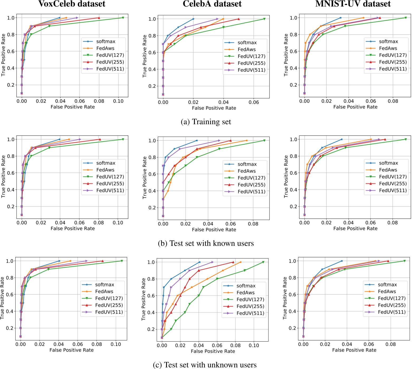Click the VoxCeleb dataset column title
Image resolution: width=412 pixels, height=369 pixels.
pyautogui.click(x=72, y=4)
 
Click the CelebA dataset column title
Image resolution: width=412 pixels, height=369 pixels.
pyautogui.click(x=212, y=4)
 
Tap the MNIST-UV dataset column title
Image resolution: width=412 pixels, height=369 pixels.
pyautogui.click(x=353, y=4)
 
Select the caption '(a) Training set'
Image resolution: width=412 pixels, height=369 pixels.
pyautogui.click(x=206, y=122)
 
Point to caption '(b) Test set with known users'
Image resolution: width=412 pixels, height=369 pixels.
pyautogui.click(x=206, y=243)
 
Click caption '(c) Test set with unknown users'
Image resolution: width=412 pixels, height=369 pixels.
pyautogui.click(x=205, y=365)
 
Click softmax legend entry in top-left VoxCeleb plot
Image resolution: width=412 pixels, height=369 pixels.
pyautogui.click(x=106, y=41)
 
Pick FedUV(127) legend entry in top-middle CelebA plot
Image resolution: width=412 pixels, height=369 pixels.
pyautogui.click(x=251, y=56)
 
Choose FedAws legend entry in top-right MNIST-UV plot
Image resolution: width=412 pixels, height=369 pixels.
pyautogui.click(x=388, y=48)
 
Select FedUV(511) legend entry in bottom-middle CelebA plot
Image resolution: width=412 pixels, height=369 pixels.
pyautogui.click(x=250, y=313)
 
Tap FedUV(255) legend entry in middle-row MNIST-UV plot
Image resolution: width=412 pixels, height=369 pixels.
pyautogui.click(x=392, y=184)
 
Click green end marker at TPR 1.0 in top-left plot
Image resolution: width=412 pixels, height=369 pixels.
pyautogui.click(x=123, y=18)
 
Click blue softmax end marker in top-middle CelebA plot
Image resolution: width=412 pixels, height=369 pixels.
pyautogui.click(x=193, y=19)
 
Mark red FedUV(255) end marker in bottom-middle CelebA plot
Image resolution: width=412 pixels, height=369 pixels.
pyautogui.click(x=233, y=262)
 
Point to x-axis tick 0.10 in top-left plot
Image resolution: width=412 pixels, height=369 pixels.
pyautogui.click(x=118, y=101)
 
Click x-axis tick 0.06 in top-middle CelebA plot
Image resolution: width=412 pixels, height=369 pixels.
pyautogui.click(x=254, y=102)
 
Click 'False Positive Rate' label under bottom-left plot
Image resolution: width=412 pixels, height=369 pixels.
pyautogui.click(x=71, y=350)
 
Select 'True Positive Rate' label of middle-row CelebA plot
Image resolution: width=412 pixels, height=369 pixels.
pyautogui.click(x=144, y=177)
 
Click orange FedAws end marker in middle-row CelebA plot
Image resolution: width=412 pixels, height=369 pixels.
pyautogui.click(x=247, y=141)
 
